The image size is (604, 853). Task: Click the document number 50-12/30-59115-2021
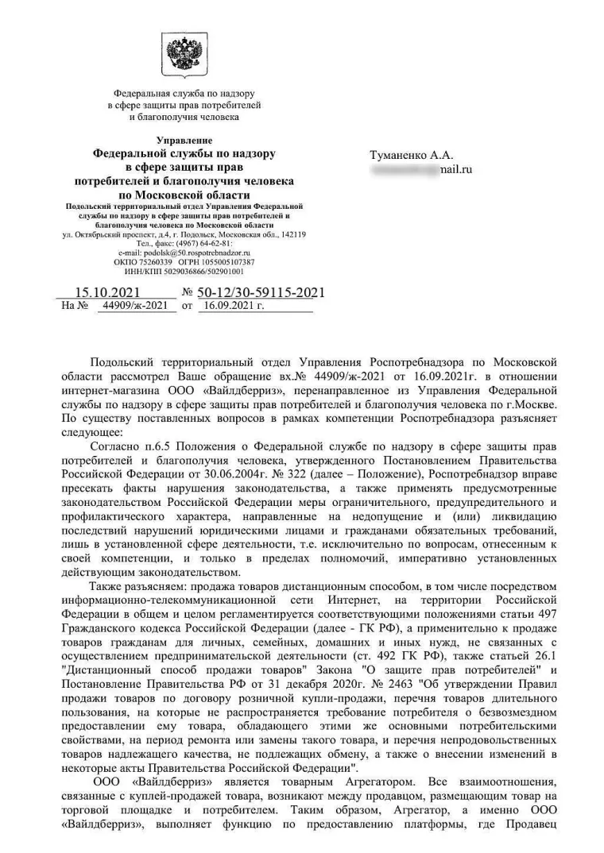click(261, 293)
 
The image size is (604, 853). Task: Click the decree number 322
click(250, 474)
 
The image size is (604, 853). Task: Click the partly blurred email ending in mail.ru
click(421, 169)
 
